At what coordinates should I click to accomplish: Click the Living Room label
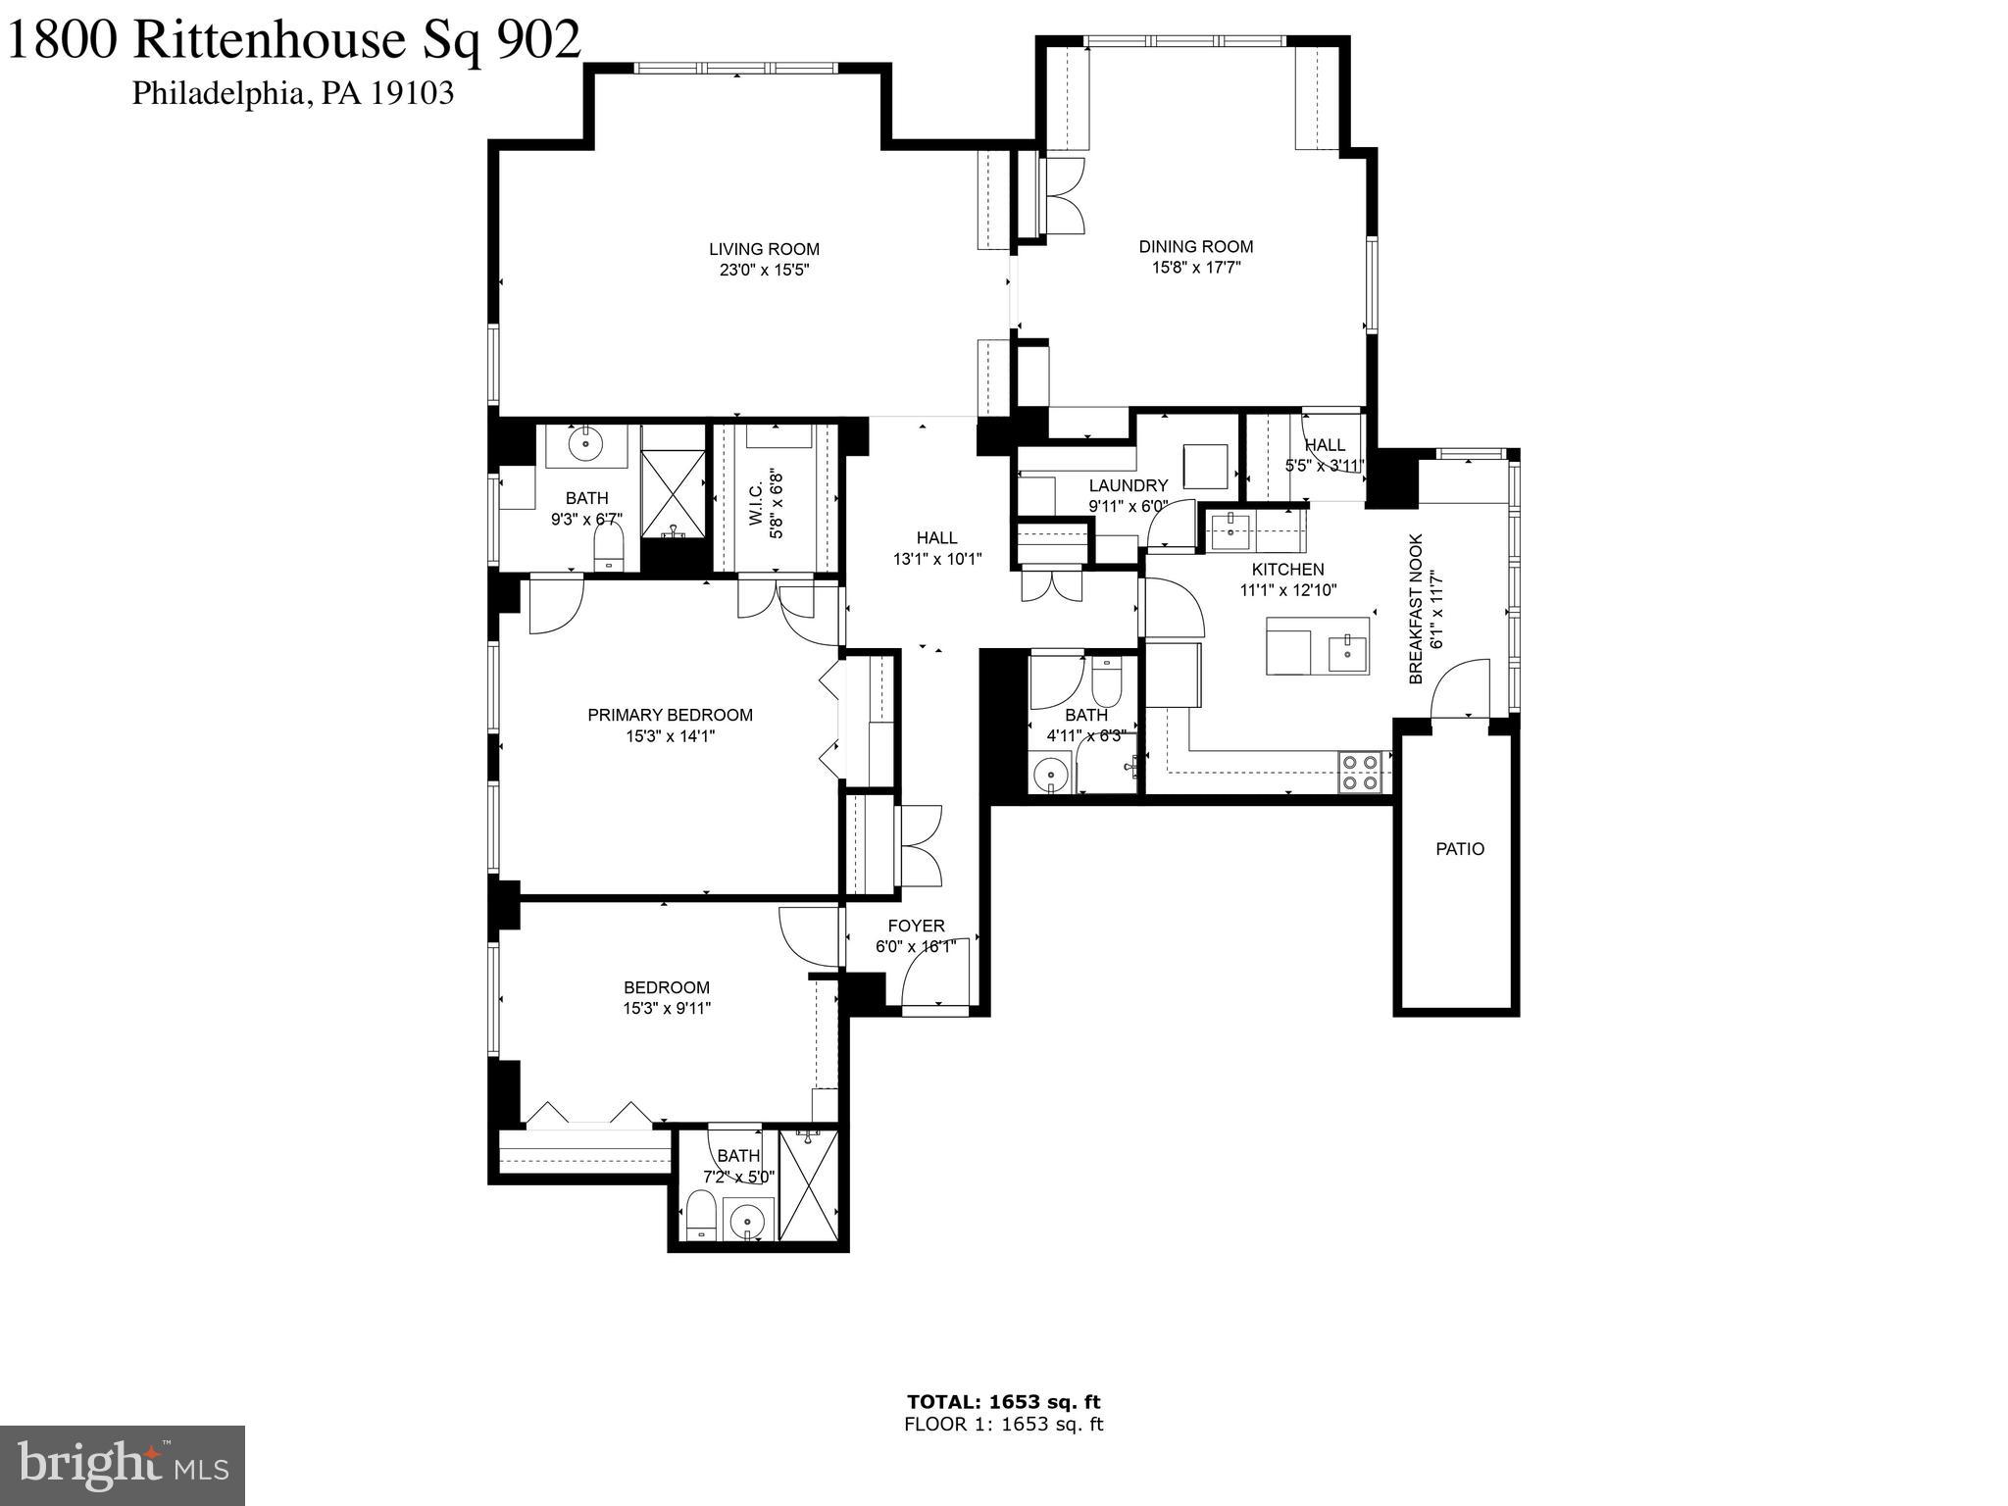pyautogui.click(x=764, y=249)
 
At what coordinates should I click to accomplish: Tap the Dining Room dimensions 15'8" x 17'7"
pyautogui.click(x=1196, y=268)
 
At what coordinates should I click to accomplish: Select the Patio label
pyautogui.click(x=1460, y=849)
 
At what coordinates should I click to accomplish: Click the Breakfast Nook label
pyautogui.click(x=1416, y=609)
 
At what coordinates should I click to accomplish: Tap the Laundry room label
pyautogui.click(x=1129, y=485)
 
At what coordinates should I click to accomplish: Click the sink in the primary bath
pyautogui.click(x=585, y=444)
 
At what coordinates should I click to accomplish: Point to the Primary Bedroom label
pyautogui.click(x=670, y=715)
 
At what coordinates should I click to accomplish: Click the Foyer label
pyautogui.click(x=916, y=926)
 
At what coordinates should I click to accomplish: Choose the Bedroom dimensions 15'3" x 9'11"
pyautogui.click(x=667, y=1008)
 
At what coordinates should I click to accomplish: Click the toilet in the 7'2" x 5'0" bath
pyautogui.click(x=700, y=1217)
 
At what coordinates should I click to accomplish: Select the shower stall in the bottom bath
pyautogui.click(x=809, y=1185)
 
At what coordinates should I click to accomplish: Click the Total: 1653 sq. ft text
pyautogui.click(x=1003, y=1402)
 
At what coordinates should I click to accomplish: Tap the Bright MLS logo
pyautogui.click(x=123, y=1465)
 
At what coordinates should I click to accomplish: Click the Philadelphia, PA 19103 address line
pyautogui.click(x=293, y=93)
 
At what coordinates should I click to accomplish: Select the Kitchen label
pyautogui.click(x=1287, y=570)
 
